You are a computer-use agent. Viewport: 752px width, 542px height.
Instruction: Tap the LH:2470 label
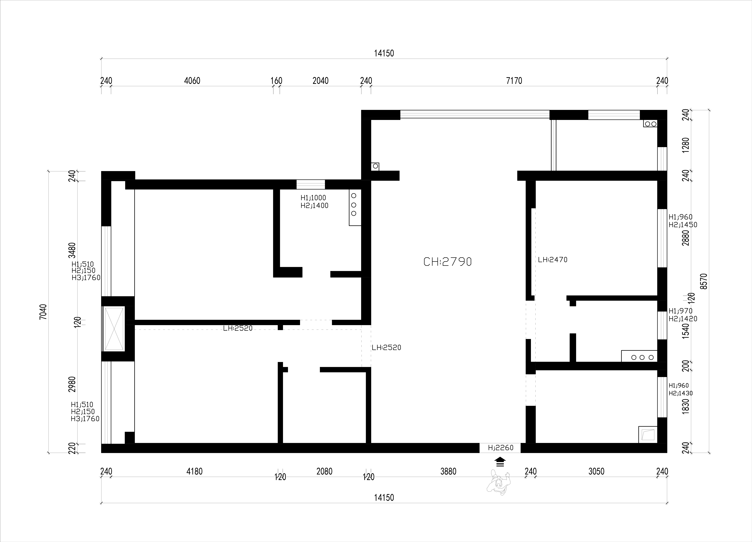(x=553, y=260)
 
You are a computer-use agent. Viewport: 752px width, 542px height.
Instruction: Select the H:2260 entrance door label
(x=501, y=448)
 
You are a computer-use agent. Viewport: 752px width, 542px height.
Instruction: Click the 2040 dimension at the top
(x=321, y=81)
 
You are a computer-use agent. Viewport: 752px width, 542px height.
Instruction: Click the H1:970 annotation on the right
(x=680, y=311)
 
